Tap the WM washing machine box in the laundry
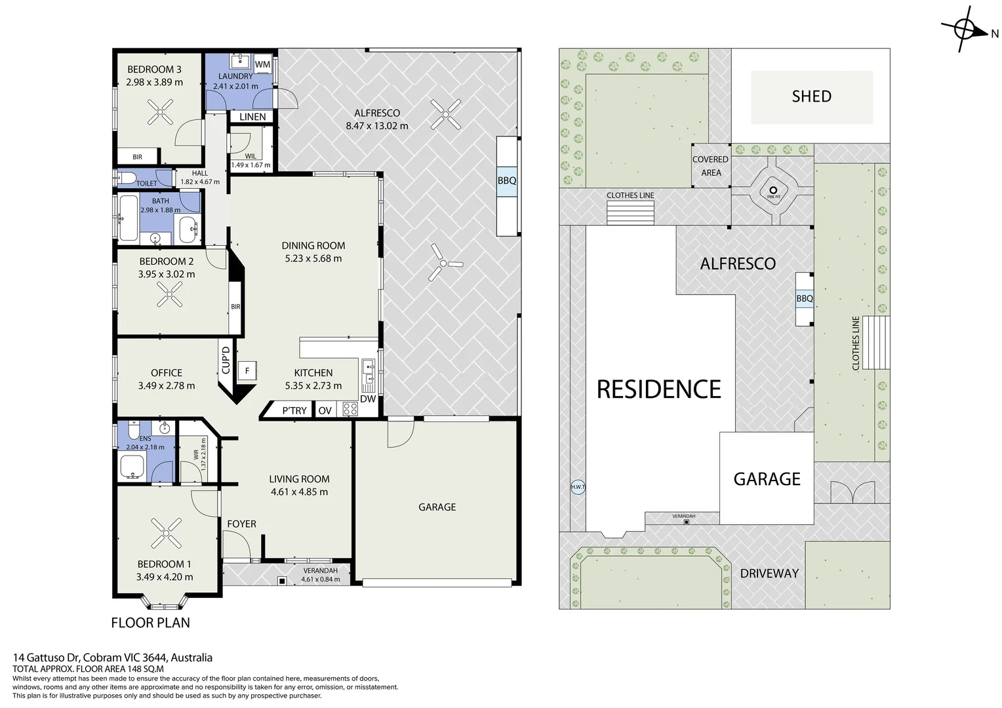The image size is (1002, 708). (x=262, y=64)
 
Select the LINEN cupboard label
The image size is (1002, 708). (x=252, y=117)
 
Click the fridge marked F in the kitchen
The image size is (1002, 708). (x=247, y=371)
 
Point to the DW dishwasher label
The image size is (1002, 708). (x=368, y=399)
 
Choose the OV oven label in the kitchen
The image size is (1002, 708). (x=325, y=410)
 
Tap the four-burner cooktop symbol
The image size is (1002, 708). (x=350, y=409)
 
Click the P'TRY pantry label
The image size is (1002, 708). (x=294, y=410)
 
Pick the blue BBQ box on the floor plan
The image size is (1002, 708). (x=507, y=181)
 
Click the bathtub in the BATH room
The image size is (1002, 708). (x=129, y=218)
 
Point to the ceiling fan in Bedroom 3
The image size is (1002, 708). (x=160, y=112)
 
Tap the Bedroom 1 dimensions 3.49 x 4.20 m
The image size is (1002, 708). (x=165, y=577)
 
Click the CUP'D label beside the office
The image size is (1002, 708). (x=226, y=361)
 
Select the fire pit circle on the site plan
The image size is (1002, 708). (x=773, y=190)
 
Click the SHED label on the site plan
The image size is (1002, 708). (x=811, y=96)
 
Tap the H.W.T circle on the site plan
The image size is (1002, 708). (x=578, y=486)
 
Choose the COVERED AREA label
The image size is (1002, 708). (x=710, y=166)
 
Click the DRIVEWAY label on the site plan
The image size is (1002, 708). (x=769, y=574)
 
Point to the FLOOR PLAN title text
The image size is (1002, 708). (x=150, y=623)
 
